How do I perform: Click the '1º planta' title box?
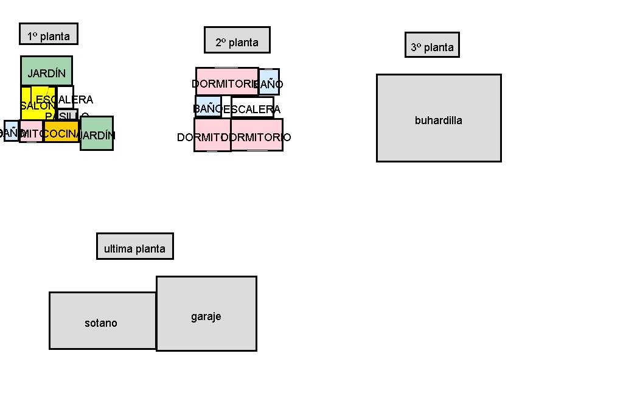click(x=49, y=34)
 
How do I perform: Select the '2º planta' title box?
click(x=237, y=40)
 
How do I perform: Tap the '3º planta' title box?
click(x=432, y=45)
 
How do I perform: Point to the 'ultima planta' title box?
click(x=134, y=246)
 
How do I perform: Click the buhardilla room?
click(x=439, y=118)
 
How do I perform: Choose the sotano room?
click(x=102, y=321)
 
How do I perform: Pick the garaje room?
click(x=206, y=314)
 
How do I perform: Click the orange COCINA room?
click(x=61, y=131)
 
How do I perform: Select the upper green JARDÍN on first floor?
click(x=46, y=71)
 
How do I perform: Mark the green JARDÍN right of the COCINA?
click(x=97, y=133)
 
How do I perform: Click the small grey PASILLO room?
click(x=68, y=114)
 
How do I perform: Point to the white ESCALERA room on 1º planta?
click(x=66, y=96)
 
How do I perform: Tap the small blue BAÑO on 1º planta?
click(x=11, y=131)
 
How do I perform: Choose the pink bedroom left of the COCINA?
click(x=31, y=131)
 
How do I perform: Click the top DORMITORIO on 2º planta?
click(x=226, y=82)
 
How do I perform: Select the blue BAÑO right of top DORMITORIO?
click(x=269, y=82)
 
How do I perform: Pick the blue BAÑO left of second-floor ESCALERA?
click(x=207, y=106)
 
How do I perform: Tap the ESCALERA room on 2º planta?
click(x=252, y=107)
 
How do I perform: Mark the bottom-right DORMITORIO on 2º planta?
click(x=257, y=135)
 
